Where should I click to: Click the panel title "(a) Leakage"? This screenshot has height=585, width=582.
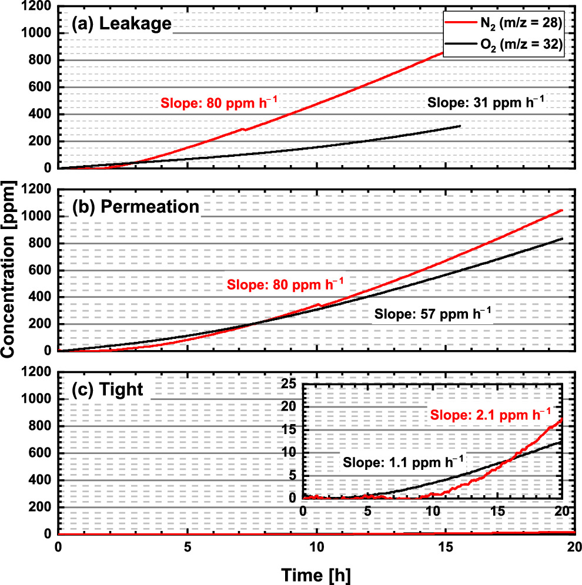pos(121,24)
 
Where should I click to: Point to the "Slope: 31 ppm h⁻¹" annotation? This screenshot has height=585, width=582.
pos(486,101)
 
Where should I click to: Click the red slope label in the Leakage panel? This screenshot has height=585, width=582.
pos(219,105)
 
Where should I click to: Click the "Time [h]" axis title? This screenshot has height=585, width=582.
pos(316,573)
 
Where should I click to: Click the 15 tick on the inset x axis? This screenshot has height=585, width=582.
pos(497,511)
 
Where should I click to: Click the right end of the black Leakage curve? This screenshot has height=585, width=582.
pos(460,126)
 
